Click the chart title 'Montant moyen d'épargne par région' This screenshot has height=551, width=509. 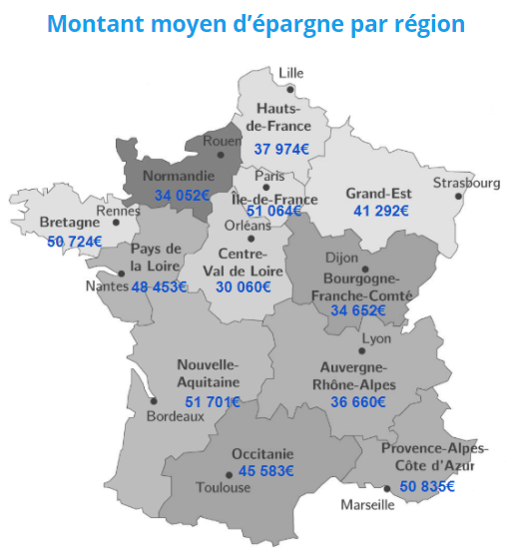(255, 23)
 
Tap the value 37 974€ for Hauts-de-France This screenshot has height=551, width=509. (281, 149)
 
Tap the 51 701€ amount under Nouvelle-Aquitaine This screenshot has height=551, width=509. (213, 401)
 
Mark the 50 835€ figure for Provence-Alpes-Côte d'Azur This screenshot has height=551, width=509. (427, 486)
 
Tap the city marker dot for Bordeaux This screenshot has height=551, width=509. (154, 401)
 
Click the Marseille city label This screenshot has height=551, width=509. (367, 505)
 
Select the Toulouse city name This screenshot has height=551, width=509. (225, 488)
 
